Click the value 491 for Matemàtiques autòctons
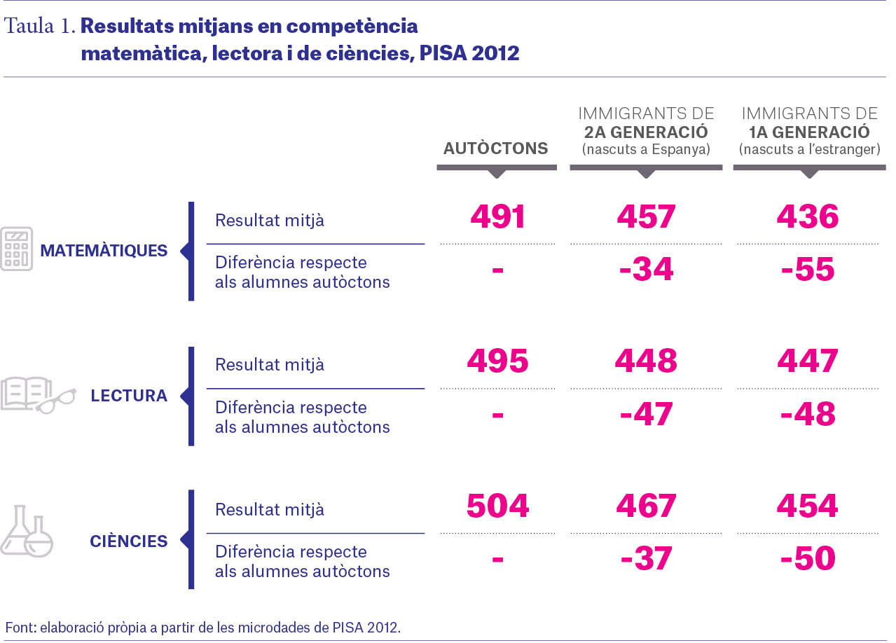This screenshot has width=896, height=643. [x=497, y=216]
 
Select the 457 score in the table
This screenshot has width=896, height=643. [x=646, y=216]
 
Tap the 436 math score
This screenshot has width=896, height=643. [x=808, y=216]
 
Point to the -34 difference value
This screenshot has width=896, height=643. [x=646, y=269]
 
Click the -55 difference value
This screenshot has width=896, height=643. [x=808, y=269]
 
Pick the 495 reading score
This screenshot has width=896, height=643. [x=497, y=361]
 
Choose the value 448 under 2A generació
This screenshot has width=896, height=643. [x=646, y=361]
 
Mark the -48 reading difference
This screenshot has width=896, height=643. [x=808, y=413]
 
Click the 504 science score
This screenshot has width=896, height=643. [x=497, y=506]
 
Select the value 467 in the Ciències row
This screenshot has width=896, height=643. [x=646, y=506]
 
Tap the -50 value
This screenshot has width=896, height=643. [x=808, y=558]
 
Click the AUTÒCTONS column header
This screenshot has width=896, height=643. [x=495, y=148]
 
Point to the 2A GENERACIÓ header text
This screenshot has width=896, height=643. [x=646, y=132]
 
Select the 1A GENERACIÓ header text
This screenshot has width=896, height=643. [x=809, y=132]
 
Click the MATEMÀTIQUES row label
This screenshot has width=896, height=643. [x=104, y=251]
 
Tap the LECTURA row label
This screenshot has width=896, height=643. [x=129, y=396]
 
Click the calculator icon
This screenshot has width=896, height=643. [x=16, y=249]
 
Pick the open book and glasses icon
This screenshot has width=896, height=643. [x=38, y=395]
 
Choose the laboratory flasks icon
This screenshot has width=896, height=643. [x=27, y=531]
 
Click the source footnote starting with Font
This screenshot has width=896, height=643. [x=202, y=627]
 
